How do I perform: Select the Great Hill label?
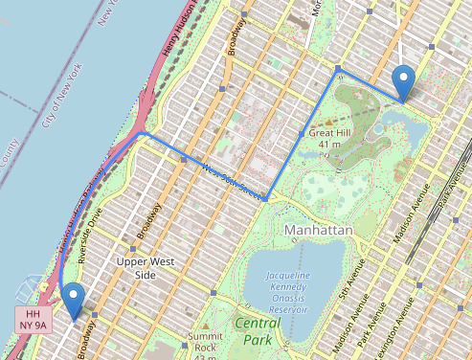pos(330,132)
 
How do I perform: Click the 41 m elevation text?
pos(330,145)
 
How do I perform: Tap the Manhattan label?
pos(319,231)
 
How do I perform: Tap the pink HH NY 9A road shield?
pos(33,320)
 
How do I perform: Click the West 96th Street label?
pos(231,180)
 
